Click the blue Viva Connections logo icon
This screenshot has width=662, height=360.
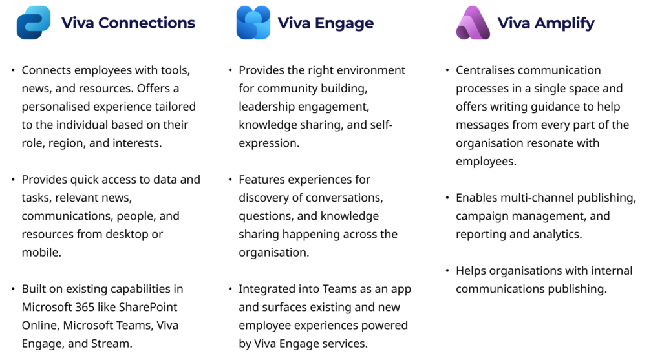34,23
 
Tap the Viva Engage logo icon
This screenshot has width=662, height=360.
253,23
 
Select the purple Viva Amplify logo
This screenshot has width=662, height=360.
473,23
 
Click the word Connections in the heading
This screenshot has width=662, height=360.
147,23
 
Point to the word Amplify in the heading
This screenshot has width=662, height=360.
564,24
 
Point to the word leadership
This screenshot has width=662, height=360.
267,107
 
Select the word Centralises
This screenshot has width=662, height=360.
486,70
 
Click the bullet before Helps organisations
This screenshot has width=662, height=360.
447,271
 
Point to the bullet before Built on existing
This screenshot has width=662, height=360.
13,289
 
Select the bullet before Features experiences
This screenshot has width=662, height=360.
230,180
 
